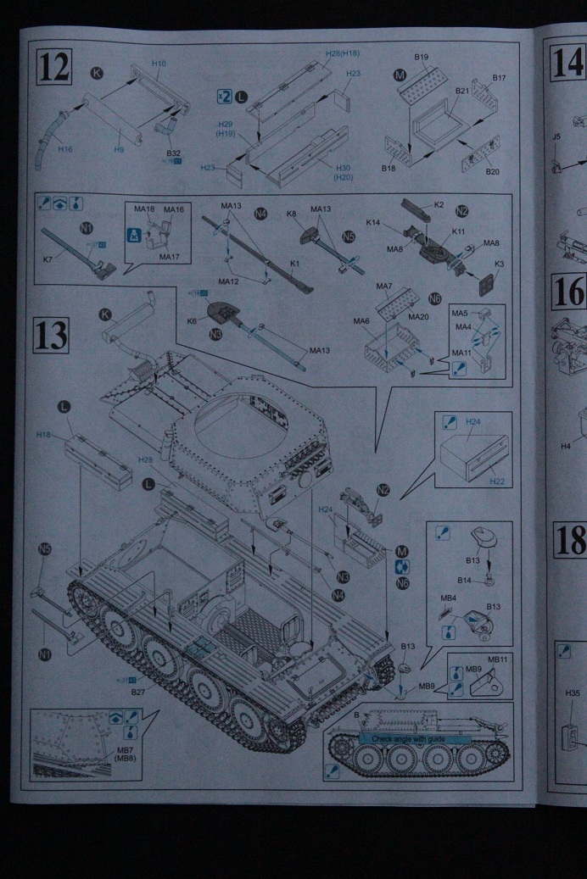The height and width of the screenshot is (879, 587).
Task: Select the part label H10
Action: (x=159, y=64)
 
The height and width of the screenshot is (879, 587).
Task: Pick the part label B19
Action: (x=422, y=57)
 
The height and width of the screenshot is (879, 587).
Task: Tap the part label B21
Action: (x=462, y=90)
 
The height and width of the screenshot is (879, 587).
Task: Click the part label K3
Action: (x=499, y=264)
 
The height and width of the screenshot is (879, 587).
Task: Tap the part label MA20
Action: (x=418, y=316)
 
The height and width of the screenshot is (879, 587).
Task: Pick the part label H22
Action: (x=497, y=481)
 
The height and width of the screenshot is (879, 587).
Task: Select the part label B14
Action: (x=465, y=580)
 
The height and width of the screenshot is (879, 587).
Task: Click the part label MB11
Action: (x=497, y=659)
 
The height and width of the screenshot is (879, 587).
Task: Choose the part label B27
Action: (x=138, y=692)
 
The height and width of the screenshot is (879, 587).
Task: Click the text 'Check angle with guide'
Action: (x=415, y=738)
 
